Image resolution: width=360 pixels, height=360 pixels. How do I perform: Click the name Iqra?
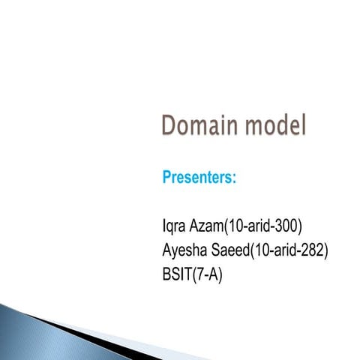[175, 225]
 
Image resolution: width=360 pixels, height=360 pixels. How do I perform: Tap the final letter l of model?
[303, 124]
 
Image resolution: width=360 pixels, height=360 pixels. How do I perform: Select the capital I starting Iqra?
[163, 225]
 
